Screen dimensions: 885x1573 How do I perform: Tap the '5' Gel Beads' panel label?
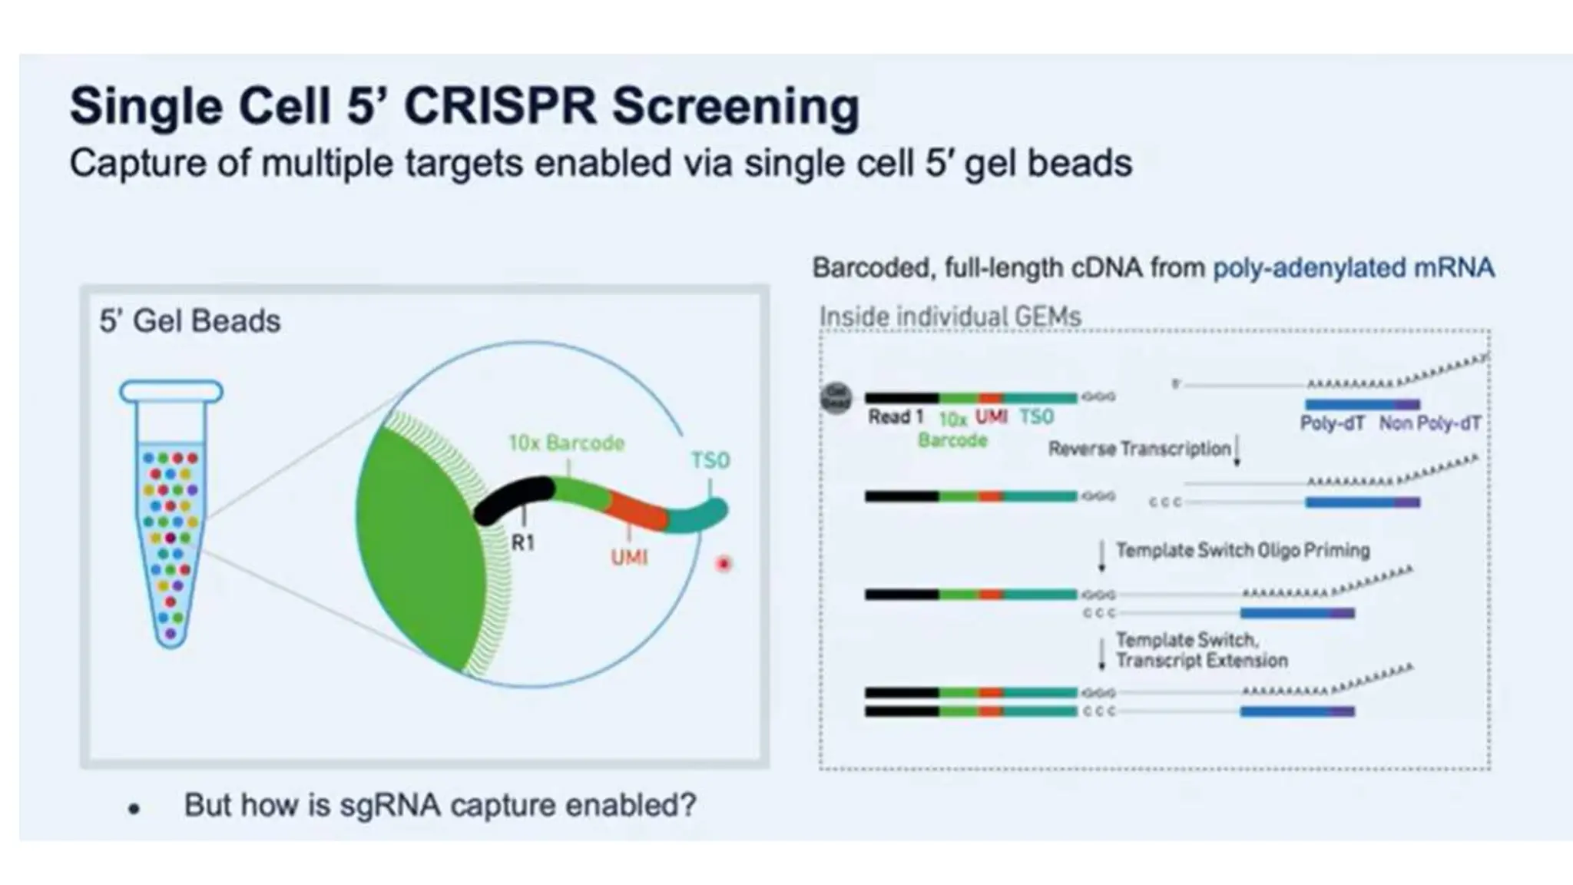point(190,321)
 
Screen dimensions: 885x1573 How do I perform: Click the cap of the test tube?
point(171,392)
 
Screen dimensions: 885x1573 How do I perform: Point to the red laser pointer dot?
point(724,565)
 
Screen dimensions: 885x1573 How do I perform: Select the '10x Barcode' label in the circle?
point(566,443)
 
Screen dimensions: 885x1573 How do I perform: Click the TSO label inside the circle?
point(710,460)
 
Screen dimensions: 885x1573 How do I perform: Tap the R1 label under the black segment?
point(523,543)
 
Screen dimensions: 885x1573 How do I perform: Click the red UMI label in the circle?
point(629,557)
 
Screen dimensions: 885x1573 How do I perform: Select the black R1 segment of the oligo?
point(513,499)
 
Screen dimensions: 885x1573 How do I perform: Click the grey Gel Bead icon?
point(836,398)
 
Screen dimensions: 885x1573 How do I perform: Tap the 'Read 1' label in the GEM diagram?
point(895,417)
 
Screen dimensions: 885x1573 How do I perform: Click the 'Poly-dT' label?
point(1332,423)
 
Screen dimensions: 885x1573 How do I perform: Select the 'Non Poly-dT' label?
point(1429,423)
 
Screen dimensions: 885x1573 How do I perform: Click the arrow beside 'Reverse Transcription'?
point(1237,452)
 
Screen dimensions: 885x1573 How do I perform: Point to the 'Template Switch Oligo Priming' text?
point(1242,550)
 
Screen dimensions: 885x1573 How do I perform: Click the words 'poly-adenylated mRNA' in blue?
point(1353,267)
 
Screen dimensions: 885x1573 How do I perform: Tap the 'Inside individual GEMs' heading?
point(950,317)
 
